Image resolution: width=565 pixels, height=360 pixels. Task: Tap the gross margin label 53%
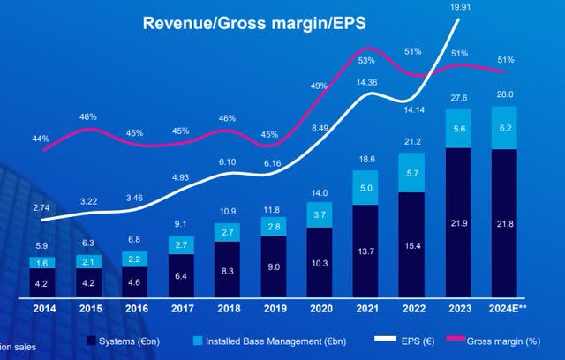coord(366,61)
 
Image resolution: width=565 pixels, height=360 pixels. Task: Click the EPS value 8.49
coord(319,126)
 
